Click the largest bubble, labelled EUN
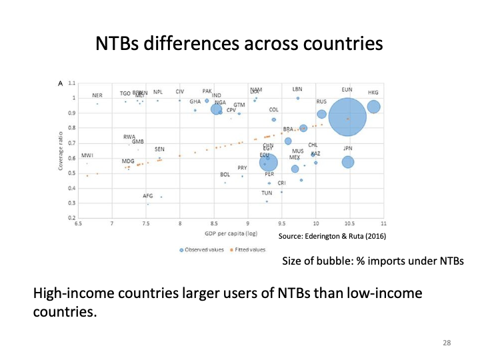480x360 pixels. (347, 117)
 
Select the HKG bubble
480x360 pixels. (373, 106)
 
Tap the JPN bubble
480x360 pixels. (347, 161)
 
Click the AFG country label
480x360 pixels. (149, 196)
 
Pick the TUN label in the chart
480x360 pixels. (267, 193)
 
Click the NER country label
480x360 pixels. (97, 95)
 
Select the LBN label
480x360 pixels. (297, 89)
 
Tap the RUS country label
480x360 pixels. (321, 101)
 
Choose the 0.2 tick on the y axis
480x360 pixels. (71, 218)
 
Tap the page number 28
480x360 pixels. (447, 343)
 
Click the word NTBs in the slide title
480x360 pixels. (123, 44)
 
